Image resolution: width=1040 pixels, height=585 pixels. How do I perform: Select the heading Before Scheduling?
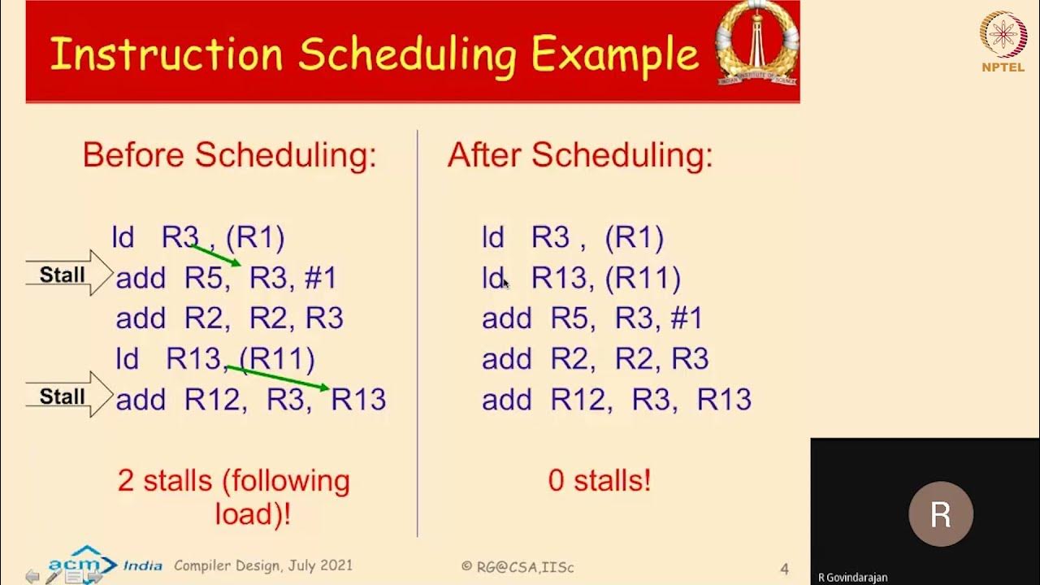coord(229,155)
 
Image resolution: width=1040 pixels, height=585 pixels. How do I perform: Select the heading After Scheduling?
coord(579,155)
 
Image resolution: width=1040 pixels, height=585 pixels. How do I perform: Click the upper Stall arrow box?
coord(68,275)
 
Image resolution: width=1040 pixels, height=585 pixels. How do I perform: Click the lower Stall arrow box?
coord(68,396)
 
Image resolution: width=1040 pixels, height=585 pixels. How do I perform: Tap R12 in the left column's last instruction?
coord(215,400)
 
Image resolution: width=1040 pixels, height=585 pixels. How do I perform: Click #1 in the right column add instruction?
coord(687,318)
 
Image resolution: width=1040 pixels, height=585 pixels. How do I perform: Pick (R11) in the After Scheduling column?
coord(643,279)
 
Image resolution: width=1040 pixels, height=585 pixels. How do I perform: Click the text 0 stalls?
coord(599,481)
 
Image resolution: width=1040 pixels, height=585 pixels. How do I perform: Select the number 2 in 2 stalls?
coord(126,481)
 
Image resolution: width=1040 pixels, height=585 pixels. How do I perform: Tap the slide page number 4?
coord(784,569)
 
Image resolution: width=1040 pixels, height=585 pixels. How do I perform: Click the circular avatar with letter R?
coord(940,514)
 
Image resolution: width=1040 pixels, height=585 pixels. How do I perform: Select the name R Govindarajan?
coord(852,578)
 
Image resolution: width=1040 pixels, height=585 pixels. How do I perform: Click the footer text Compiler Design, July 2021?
coord(263,565)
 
